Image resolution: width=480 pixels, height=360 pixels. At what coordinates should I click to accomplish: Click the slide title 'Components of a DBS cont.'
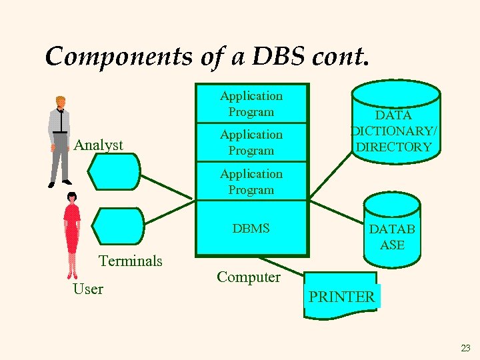206,56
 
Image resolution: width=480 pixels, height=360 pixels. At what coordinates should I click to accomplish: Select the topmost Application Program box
251,104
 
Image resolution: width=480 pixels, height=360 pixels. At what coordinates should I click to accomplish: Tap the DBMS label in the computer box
251,229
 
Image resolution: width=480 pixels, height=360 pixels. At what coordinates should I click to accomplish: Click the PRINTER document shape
341,295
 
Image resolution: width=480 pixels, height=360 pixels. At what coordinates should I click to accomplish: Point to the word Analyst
99,145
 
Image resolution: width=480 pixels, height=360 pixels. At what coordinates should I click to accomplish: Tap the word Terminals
131,261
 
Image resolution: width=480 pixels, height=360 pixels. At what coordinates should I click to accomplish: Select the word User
88,289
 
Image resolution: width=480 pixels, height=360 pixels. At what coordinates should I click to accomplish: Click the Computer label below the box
249,277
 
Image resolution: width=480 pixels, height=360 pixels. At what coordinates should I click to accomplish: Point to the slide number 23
465,347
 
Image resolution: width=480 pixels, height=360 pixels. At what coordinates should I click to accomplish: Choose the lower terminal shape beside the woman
117,226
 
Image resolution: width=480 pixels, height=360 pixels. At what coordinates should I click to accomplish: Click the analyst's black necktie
61,121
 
